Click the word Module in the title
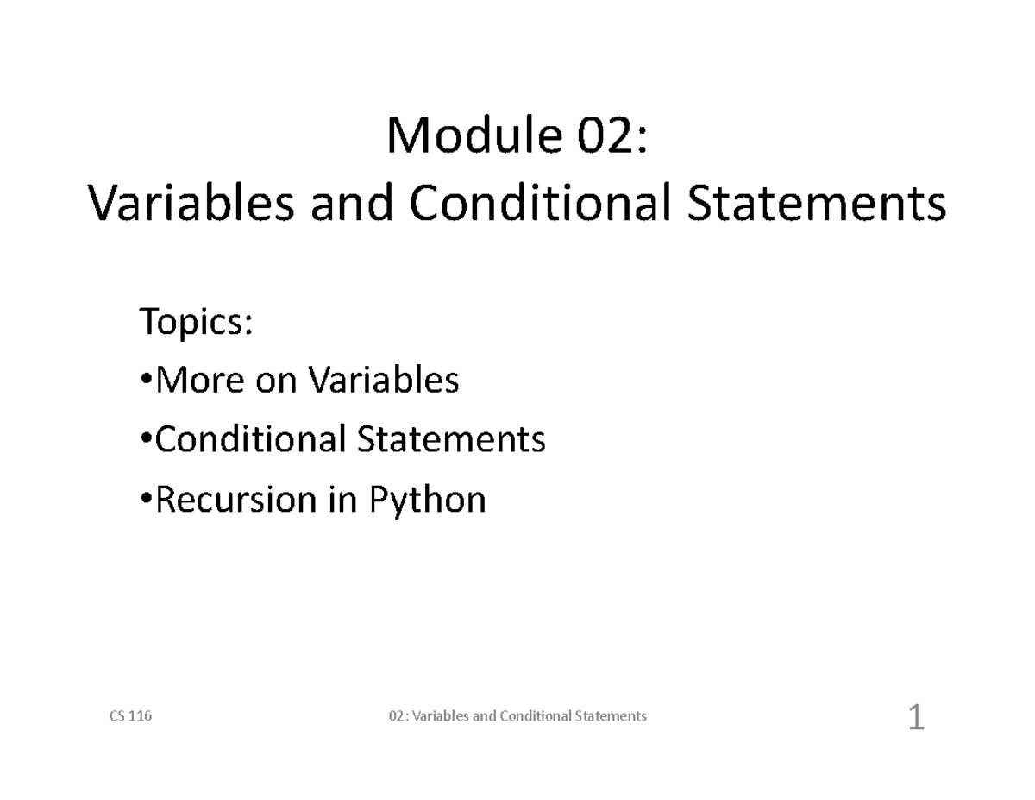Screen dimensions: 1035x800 click(x=474, y=135)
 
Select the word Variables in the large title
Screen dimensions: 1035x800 click(x=191, y=202)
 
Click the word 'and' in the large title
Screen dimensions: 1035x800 click(x=352, y=202)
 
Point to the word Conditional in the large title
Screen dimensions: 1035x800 click(x=540, y=202)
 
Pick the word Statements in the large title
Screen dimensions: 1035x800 click(x=817, y=203)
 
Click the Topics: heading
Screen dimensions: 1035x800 click(x=196, y=322)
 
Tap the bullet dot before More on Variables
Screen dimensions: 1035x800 click(x=147, y=379)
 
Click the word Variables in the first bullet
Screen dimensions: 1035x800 click(x=384, y=380)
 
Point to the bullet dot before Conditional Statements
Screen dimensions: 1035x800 click(x=147, y=438)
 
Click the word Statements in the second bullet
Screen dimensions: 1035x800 click(x=451, y=438)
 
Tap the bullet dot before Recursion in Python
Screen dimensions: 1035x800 click(x=147, y=498)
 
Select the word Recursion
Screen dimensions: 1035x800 click(x=236, y=499)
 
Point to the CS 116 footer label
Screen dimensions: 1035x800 click(x=130, y=715)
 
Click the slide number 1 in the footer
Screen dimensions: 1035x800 click(x=916, y=717)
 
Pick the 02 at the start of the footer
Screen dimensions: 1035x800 click(x=396, y=715)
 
